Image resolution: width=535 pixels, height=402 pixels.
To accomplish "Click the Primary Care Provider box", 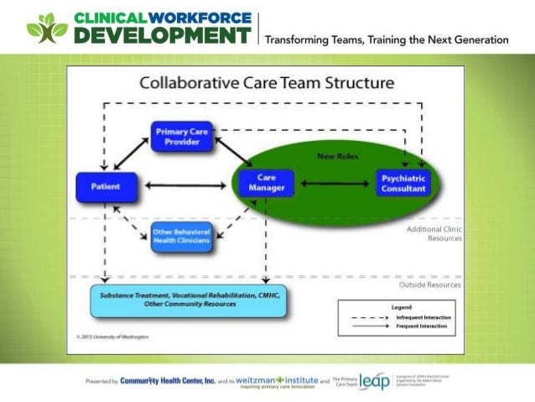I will (182, 137).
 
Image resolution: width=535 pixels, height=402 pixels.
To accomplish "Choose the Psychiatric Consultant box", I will (403, 183).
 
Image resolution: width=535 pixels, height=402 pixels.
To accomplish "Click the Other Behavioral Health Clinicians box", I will (181, 238).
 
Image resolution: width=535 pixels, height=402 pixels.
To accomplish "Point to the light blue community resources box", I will (190, 300).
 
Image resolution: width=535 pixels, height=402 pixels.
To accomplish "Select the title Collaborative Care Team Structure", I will (266, 83).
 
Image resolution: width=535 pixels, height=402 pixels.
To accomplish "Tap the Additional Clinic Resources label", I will (434, 233).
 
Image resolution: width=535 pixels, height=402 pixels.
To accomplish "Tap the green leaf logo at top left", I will (46, 26).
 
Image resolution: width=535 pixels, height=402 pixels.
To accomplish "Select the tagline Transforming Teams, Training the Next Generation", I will (387, 39).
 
